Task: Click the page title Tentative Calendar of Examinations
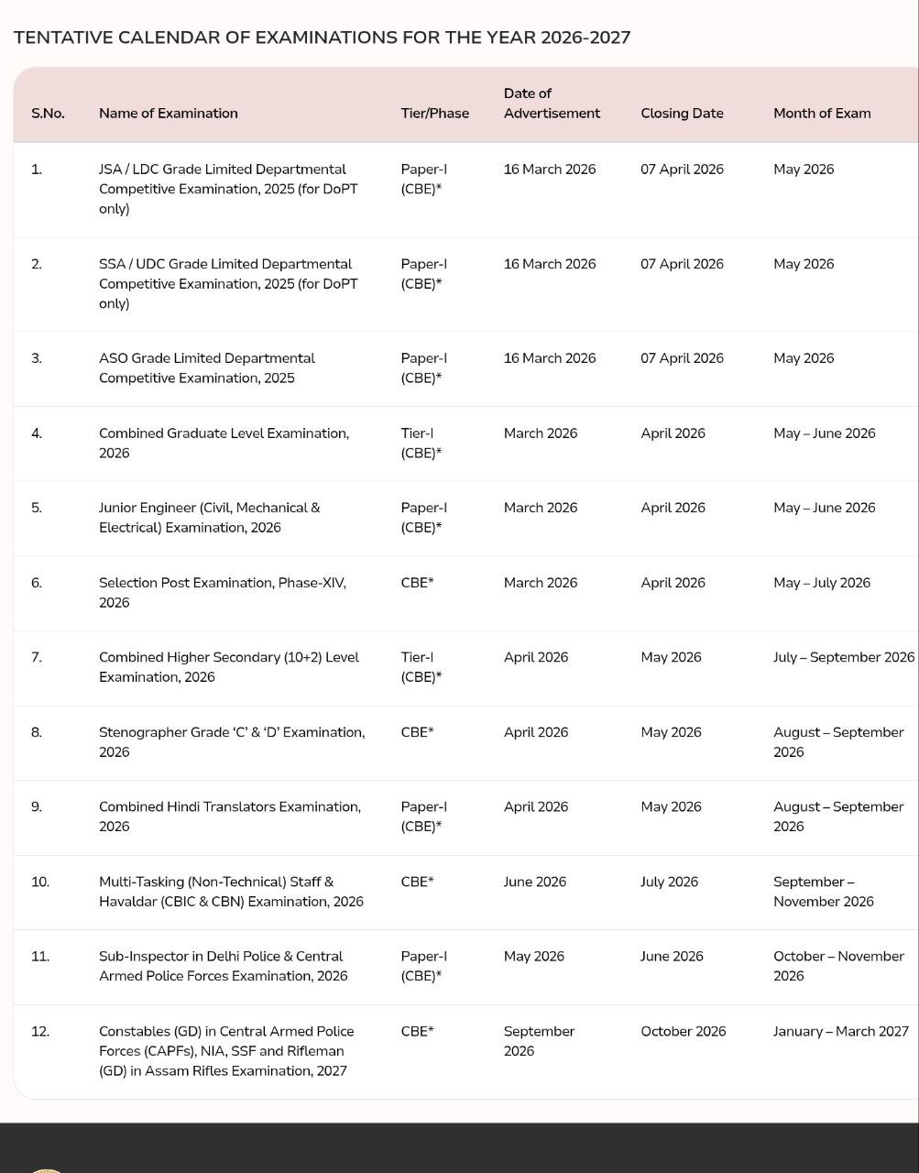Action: tap(322, 38)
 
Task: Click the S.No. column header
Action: tap(48, 114)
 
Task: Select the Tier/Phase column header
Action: tap(434, 114)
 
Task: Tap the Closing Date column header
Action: tap(682, 114)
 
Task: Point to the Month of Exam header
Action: tap(822, 114)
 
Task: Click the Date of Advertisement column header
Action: tap(552, 104)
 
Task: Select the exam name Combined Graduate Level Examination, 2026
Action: tap(224, 443)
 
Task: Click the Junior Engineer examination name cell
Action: tap(209, 518)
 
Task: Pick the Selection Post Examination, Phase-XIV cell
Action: tap(222, 592)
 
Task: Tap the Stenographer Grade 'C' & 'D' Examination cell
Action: tap(231, 741)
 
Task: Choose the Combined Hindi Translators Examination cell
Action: tap(229, 817)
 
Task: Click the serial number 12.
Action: tap(39, 1031)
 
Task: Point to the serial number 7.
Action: tap(36, 657)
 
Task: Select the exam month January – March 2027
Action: tap(840, 1031)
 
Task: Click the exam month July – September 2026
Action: tap(843, 657)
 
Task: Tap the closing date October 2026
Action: tap(683, 1031)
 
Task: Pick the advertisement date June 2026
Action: tap(534, 882)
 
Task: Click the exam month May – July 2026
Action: tap(821, 583)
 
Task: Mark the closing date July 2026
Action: tap(669, 882)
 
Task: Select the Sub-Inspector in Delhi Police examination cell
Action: tap(223, 966)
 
